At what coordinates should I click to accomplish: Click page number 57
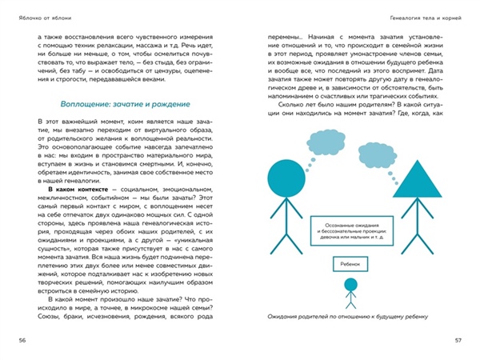458,341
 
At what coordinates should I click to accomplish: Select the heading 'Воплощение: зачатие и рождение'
124,105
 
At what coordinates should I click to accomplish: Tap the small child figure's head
350,286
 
